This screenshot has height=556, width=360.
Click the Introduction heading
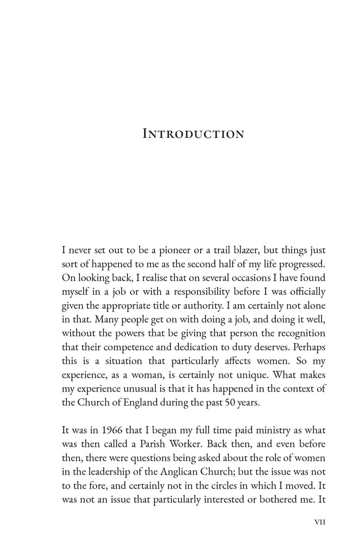[193, 134]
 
